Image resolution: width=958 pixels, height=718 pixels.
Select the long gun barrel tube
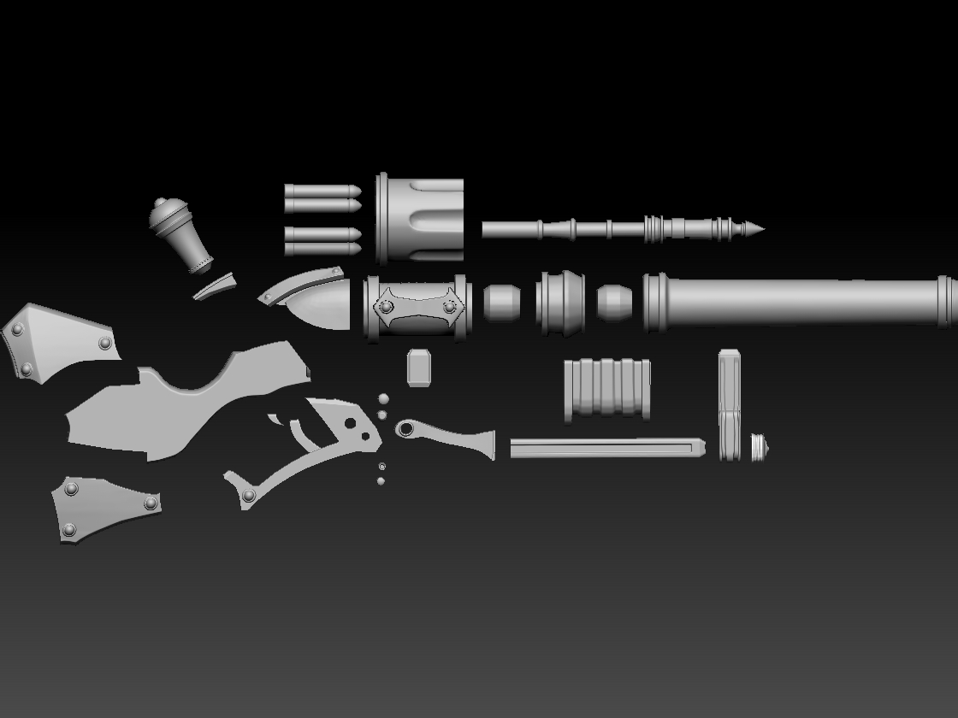tap(804, 301)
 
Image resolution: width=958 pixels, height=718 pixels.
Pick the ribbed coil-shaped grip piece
tap(607, 389)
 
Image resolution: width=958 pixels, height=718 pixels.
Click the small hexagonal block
tap(419, 368)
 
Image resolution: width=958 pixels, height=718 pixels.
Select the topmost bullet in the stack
tap(322, 190)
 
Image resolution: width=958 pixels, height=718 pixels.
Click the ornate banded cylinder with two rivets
tap(417, 308)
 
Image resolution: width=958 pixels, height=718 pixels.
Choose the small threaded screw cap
tap(759, 447)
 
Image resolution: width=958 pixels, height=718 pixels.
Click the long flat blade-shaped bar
tap(607, 448)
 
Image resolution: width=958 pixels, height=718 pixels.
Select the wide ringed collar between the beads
tap(560, 303)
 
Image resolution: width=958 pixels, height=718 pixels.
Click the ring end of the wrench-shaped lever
tap(405, 427)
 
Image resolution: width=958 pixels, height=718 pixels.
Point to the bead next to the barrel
tap(614, 303)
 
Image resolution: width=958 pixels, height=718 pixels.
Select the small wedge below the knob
tap(214, 286)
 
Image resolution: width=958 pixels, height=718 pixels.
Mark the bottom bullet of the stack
tap(322, 250)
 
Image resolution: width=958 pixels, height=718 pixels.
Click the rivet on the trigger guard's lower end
tap(249, 496)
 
